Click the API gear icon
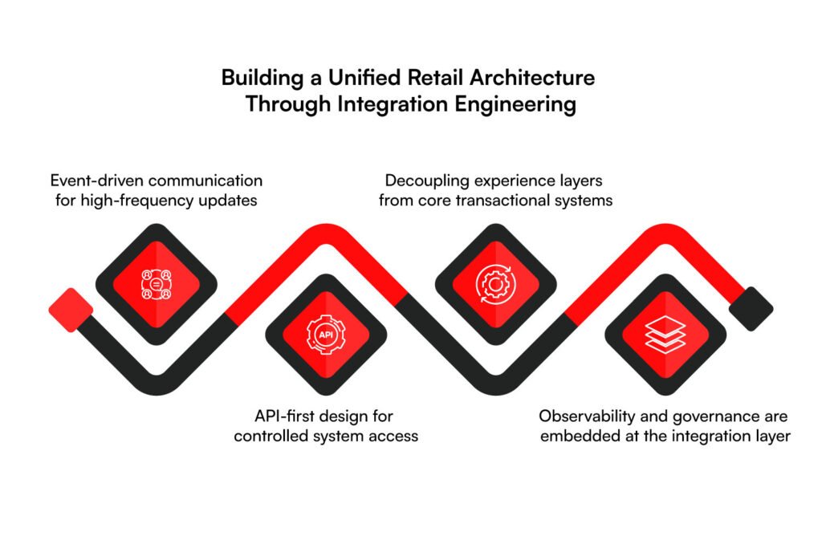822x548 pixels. (326, 335)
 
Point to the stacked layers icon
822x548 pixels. (665, 335)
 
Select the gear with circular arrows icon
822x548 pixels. (495, 285)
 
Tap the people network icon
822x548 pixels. (157, 285)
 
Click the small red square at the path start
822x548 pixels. (71, 310)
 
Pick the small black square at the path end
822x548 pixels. (751, 309)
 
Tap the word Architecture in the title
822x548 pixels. (532, 78)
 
